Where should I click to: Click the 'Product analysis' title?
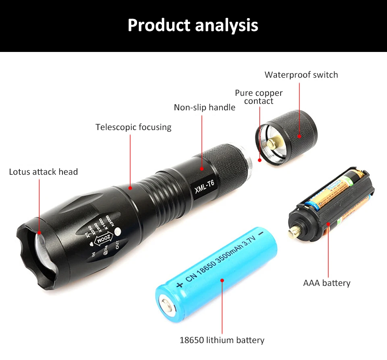pyautogui.click(x=193, y=25)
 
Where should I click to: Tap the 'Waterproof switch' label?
pyautogui.click(x=301, y=75)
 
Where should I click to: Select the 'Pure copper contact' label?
pyautogui.click(x=259, y=97)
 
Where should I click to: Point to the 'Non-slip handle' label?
pyautogui.click(x=204, y=108)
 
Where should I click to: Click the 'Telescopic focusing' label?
pyautogui.click(x=133, y=127)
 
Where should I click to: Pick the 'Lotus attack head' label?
pyautogui.click(x=43, y=172)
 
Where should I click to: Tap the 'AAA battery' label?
pyautogui.click(x=327, y=283)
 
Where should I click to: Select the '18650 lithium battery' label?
pyautogui.click(x=222, y=340)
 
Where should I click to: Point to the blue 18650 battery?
pyautogui.click(x=218, y=274)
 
